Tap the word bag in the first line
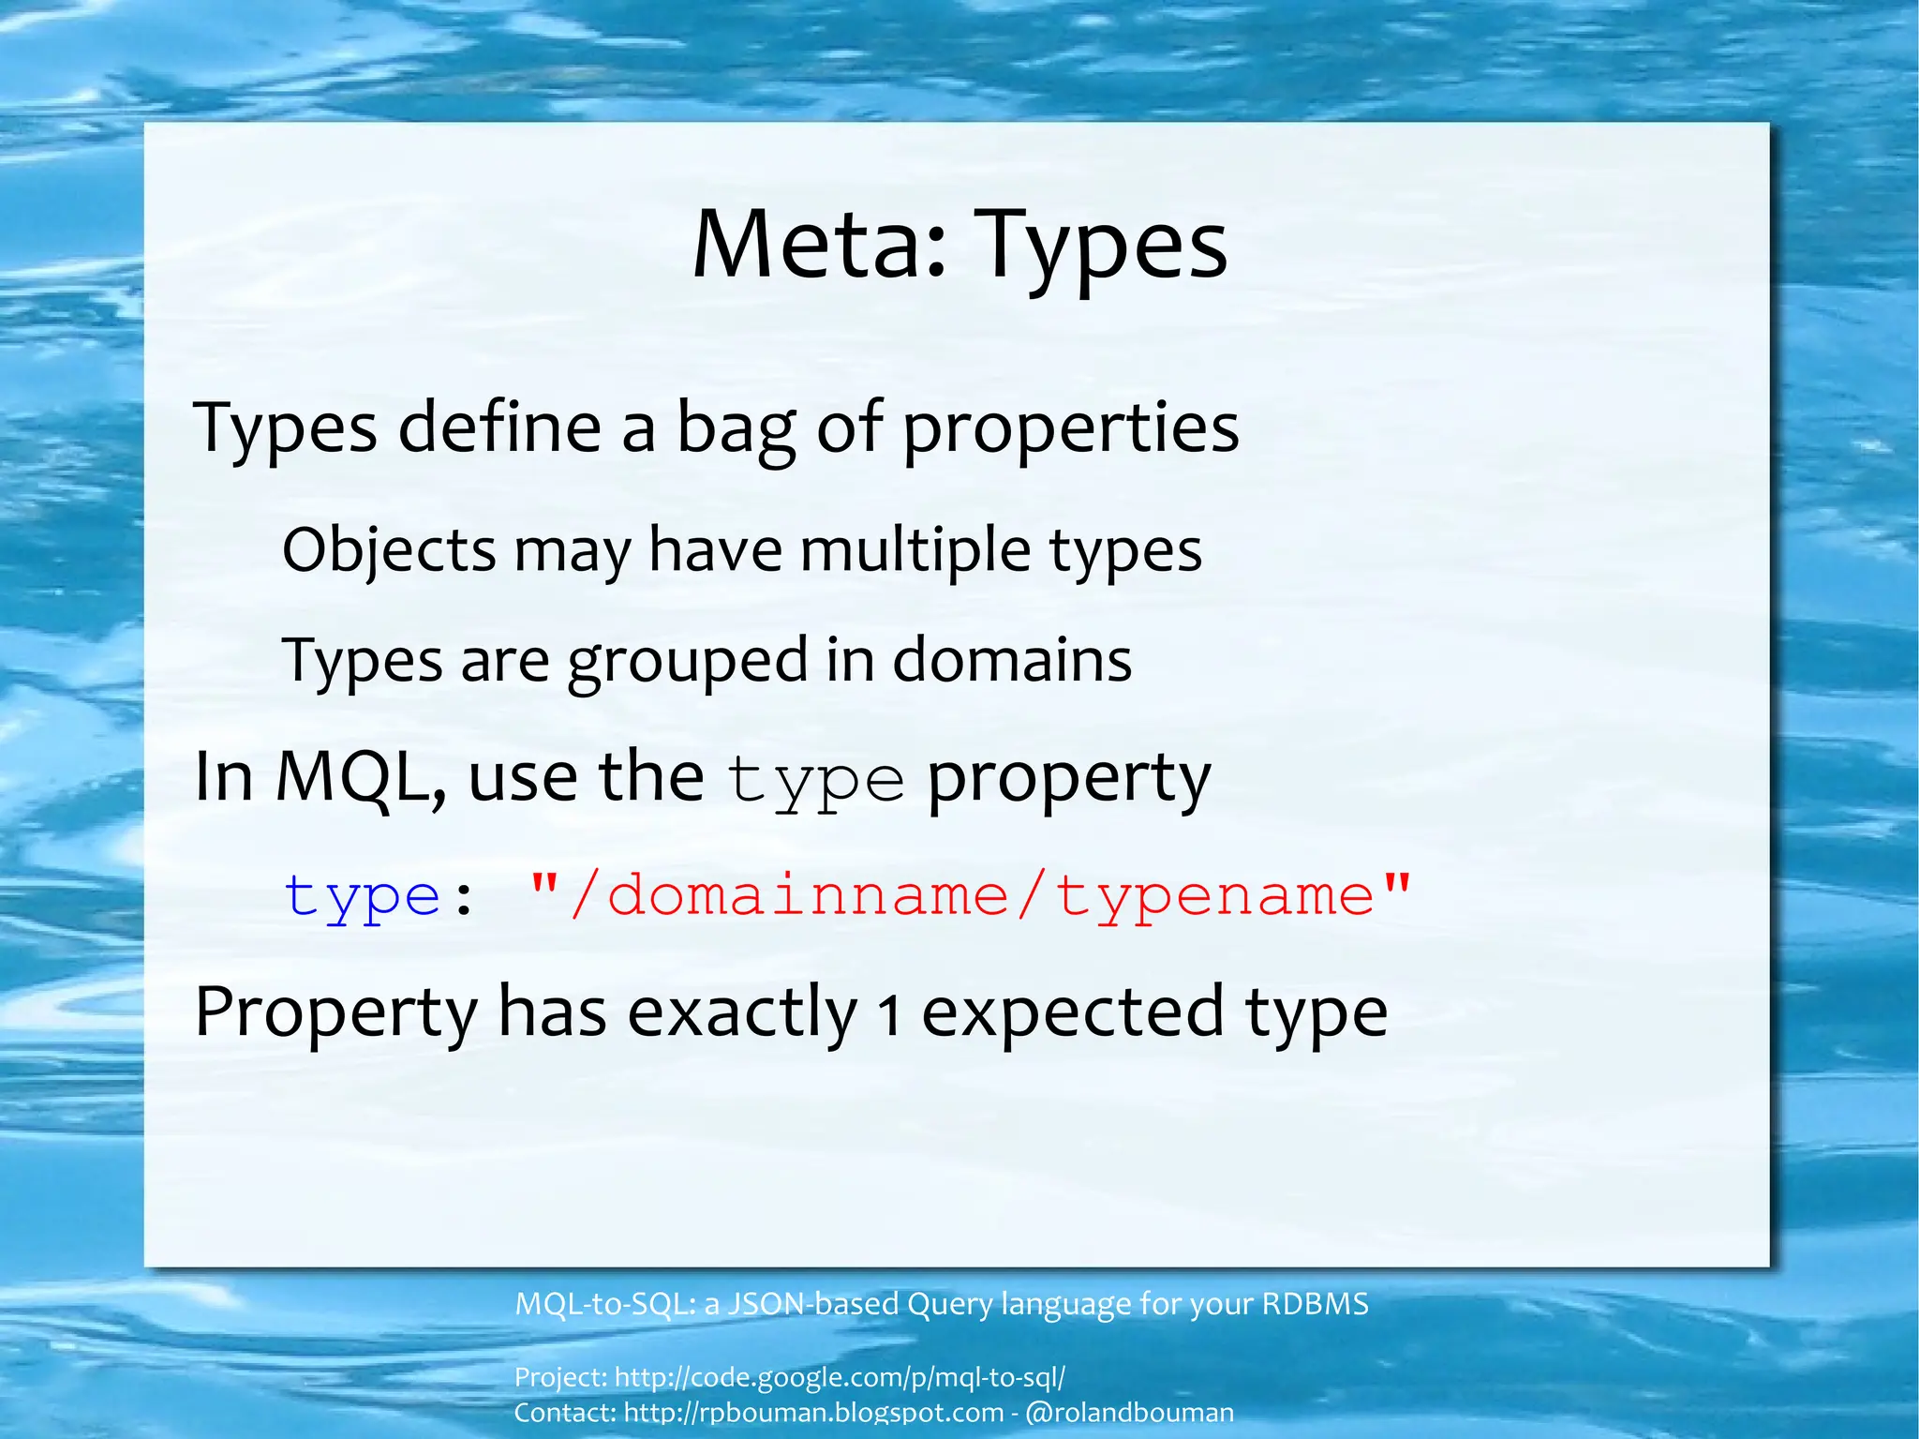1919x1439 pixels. tap(736, 428)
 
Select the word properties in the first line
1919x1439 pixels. tap(1070, 428)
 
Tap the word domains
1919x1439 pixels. tap(1012, 660)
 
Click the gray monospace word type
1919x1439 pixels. tap(815, 781)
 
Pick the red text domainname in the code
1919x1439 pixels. tap(808, 895)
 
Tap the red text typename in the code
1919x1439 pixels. tap(1214, 897)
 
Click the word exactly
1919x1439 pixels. tap(742, 1012)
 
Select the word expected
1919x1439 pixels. tap(1073, 1012)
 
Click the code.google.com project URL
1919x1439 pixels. tap(840, 1377)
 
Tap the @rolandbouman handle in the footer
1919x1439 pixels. tap(1130, 1413)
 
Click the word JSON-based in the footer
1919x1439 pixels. tap(813, 1304)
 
